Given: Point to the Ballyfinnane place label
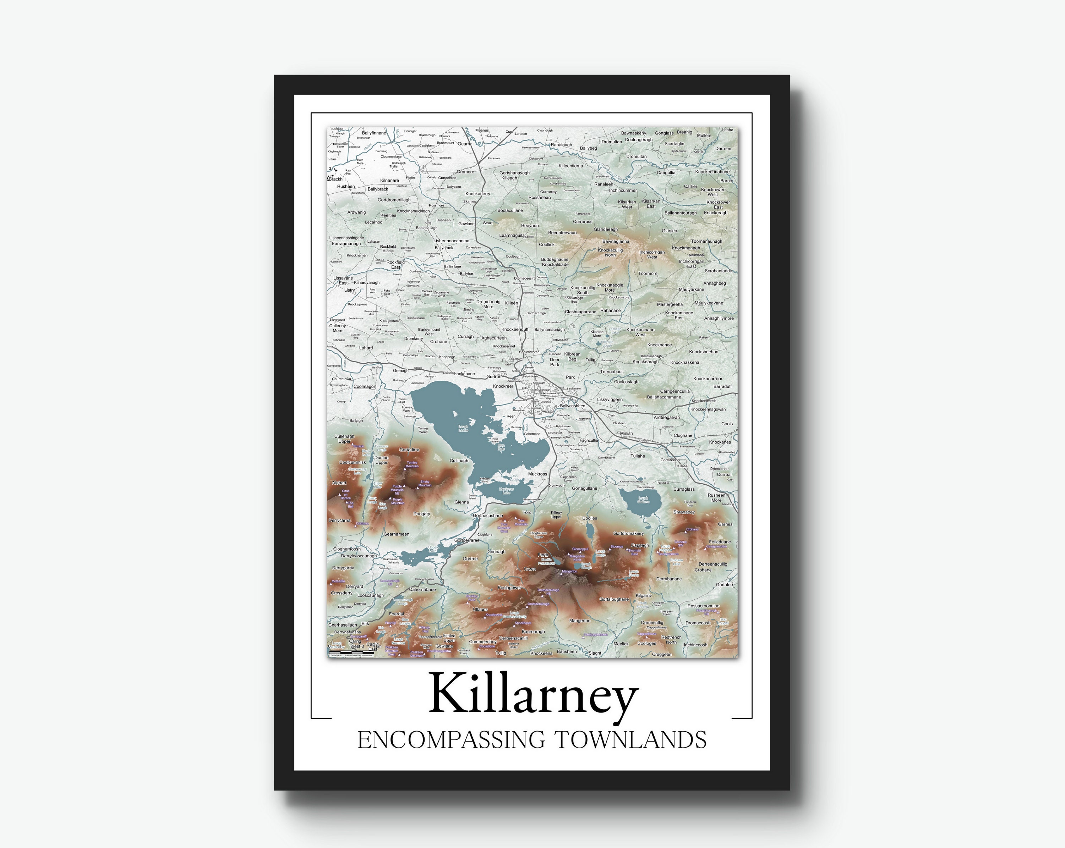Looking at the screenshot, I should tap(374, 133).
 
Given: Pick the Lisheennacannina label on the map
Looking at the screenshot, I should tap(452, 241).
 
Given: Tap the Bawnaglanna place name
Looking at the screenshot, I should tap(616, 241).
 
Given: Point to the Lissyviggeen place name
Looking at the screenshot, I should tap(610, 399).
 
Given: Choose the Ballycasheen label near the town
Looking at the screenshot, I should tap(573, 406).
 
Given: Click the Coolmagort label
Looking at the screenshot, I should tap(365, 386).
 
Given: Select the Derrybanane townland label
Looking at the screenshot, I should tap(669, 579).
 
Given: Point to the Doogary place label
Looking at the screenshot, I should tap(421, 514).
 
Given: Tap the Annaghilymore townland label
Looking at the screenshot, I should tap(719, 318).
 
